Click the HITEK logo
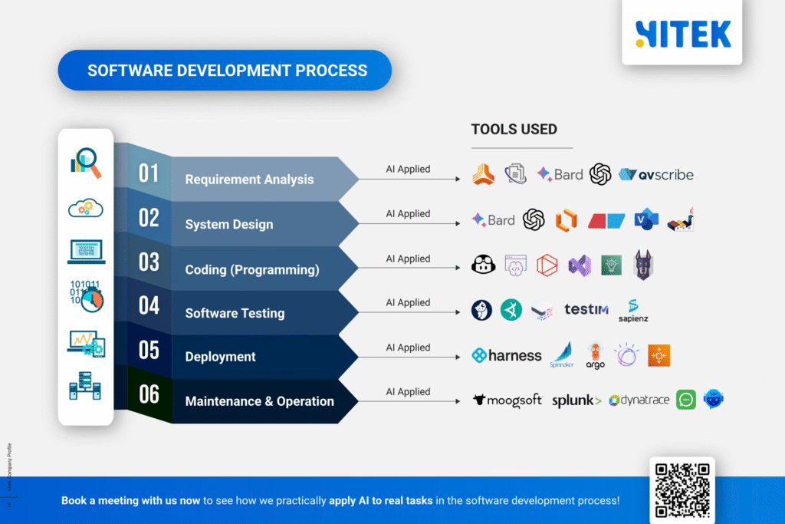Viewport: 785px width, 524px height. [682, 34]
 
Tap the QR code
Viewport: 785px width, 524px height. [682, 489]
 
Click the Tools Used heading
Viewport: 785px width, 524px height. [514, 130]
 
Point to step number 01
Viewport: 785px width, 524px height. [149, 173]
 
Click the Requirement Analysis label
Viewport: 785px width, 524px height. [249, 180]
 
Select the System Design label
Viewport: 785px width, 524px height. [228, 225]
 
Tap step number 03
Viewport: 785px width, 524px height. [149, 262]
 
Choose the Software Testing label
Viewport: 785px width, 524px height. [235, 313]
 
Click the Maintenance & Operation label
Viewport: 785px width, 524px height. [259, 401]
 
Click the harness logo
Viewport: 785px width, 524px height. [506, 355]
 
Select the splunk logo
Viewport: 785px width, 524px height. [576, 400]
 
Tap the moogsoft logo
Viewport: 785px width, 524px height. [507, 400]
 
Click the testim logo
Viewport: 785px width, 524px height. [586, 309]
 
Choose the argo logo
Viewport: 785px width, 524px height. [595, 355]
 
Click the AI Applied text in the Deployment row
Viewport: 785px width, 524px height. [408, 348]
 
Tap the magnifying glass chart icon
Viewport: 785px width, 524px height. [86, 163]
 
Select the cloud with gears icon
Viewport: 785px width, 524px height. [86, 207]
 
